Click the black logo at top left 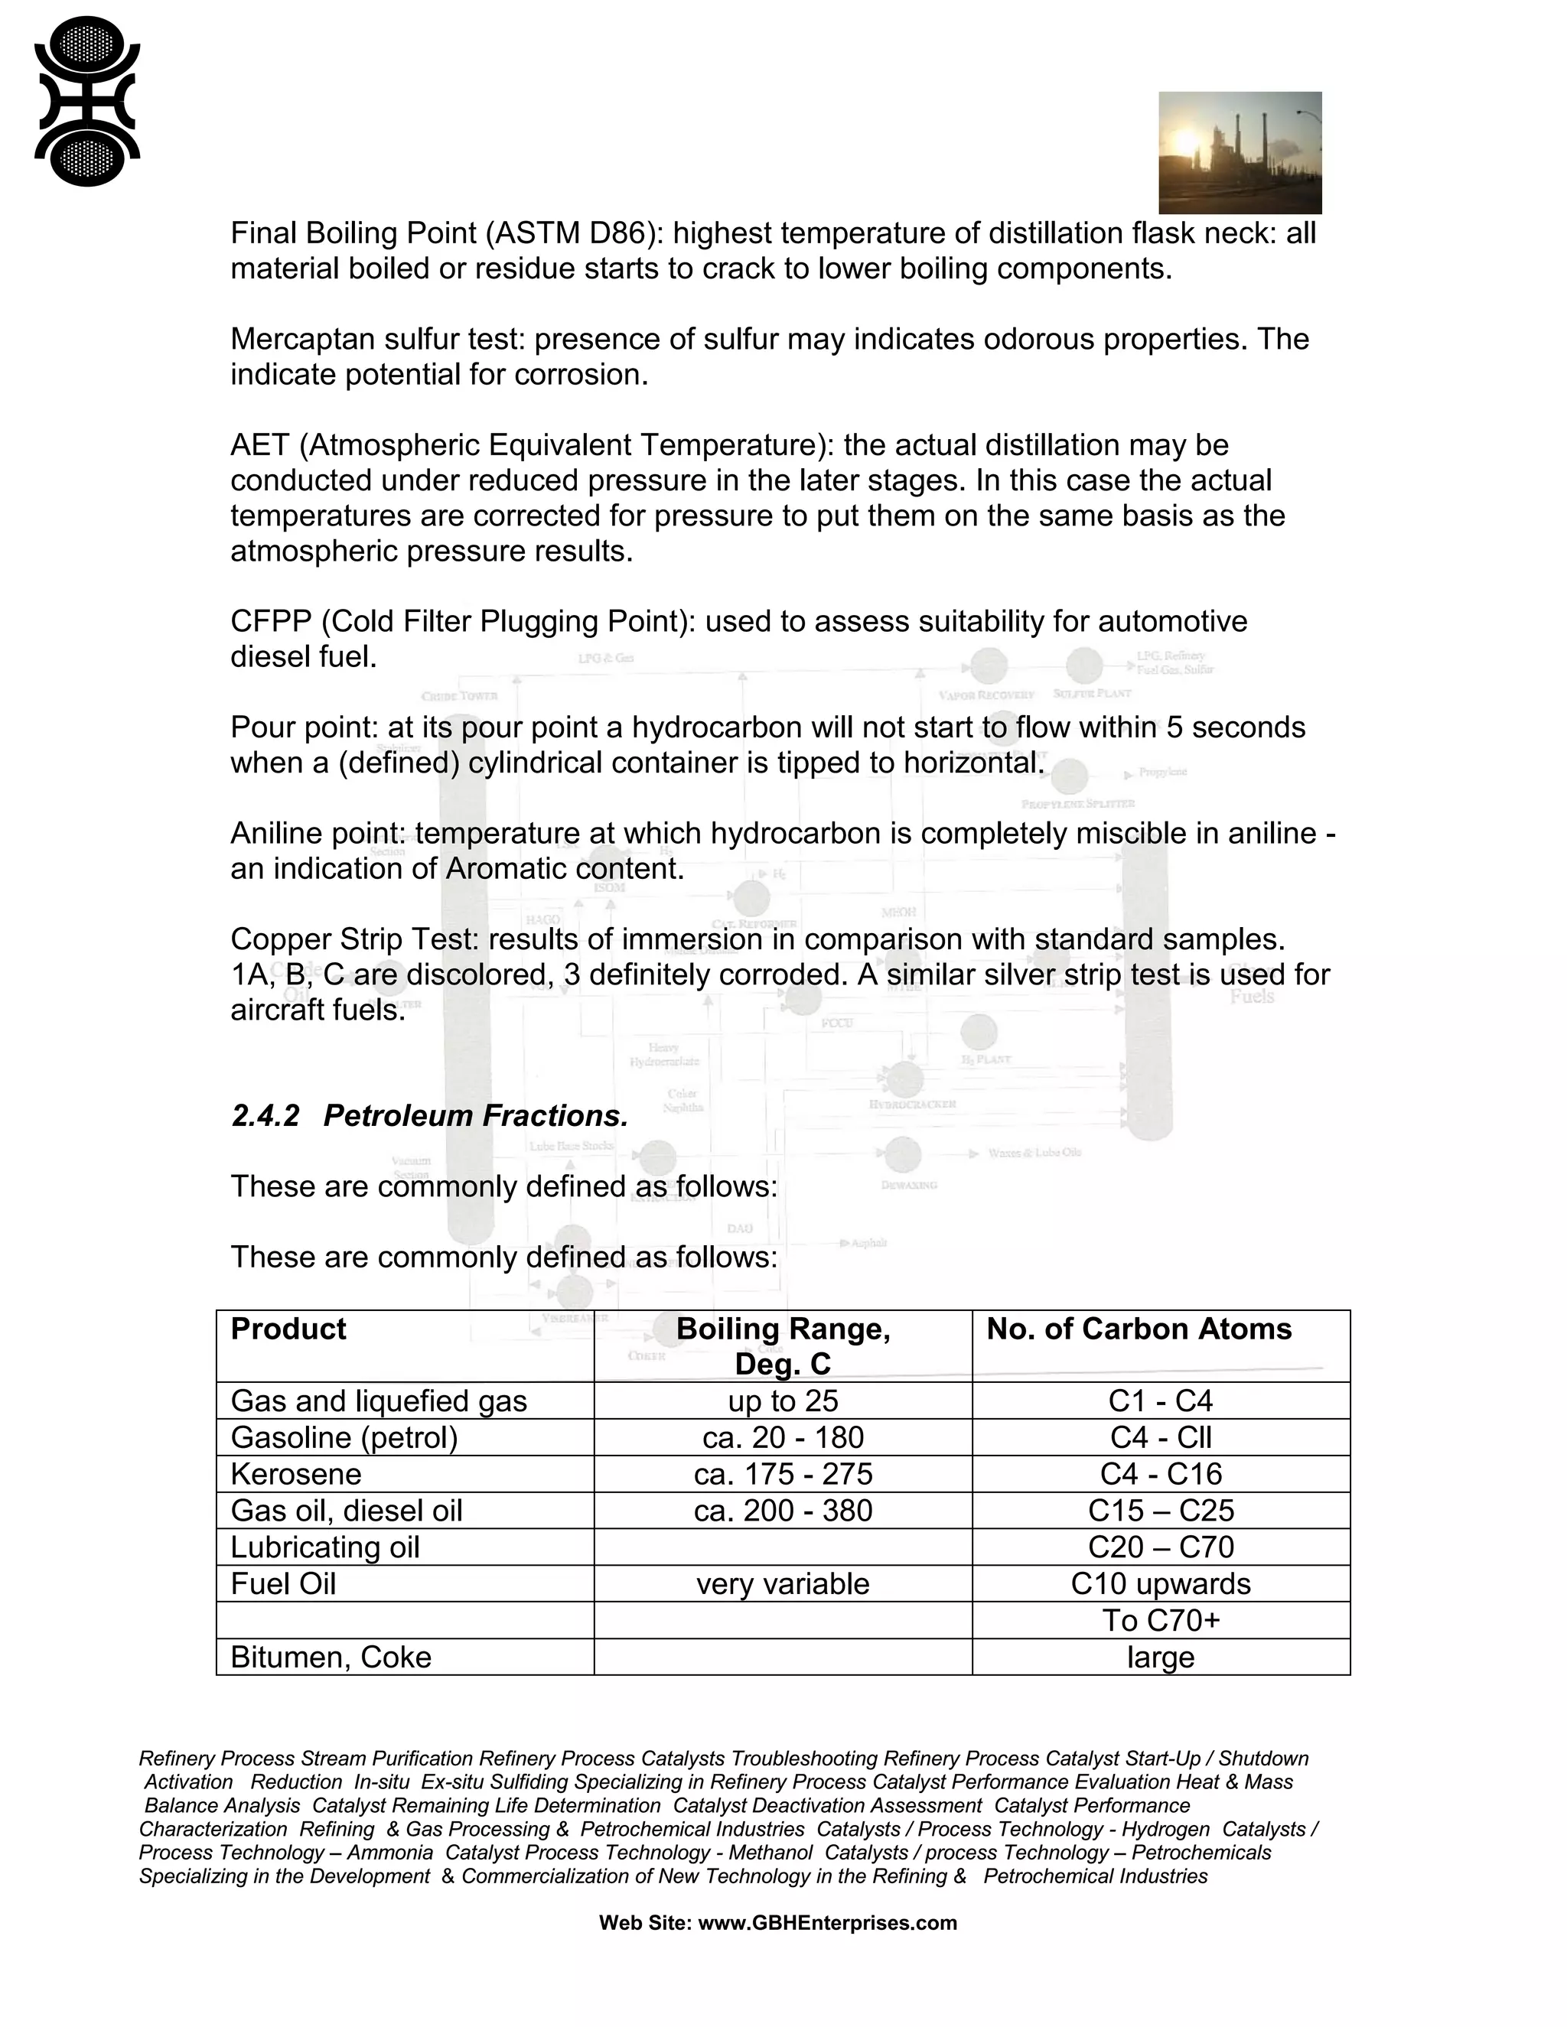coord(86,101)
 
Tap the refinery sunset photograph coord(1240,153)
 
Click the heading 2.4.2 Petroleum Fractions coord(429,1115)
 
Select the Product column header coord(288,1329)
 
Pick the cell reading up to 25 coord(783,1401)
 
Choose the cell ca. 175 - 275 coord(783,1474)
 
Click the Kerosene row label coord(295,1474)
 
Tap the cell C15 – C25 coord(1161,1510)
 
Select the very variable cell coord(783,1583)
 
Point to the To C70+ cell coord(1161,1619)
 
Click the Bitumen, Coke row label coord(331,1657)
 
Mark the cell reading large coord(1161,1657)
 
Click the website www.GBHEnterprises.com coord(826,1922)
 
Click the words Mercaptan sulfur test coord(377,339)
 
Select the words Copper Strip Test coord(353,939)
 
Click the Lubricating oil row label coord(325,1547)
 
